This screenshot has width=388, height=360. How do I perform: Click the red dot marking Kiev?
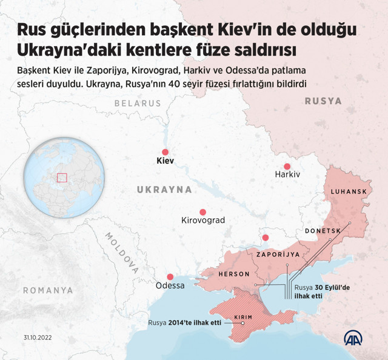coord(164,152)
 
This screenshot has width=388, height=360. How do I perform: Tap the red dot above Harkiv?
coord(287,166)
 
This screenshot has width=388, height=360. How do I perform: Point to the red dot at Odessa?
coord(170,276)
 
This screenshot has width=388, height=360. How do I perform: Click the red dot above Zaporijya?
coord(265,237)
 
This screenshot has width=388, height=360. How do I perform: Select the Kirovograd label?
coord(203,220)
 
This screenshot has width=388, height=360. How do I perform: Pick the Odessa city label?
coord(170,285)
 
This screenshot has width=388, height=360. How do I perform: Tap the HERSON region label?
coord(234,274)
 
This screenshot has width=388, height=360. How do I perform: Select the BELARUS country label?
coord(138,104)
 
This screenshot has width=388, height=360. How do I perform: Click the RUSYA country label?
coord(323,101)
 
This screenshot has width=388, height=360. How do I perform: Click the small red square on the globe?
coord(61,177)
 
